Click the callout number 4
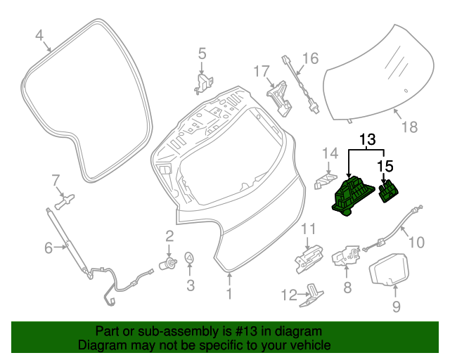tap(40, 34)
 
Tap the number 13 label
tap(368, 141)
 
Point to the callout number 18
tap(409, 127)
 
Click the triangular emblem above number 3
tap(190, 259)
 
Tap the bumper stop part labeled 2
tap(169, 264)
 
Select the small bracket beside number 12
tap(312, 296)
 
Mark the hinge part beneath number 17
tap(280, 97)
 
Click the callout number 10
tap(416, 243)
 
